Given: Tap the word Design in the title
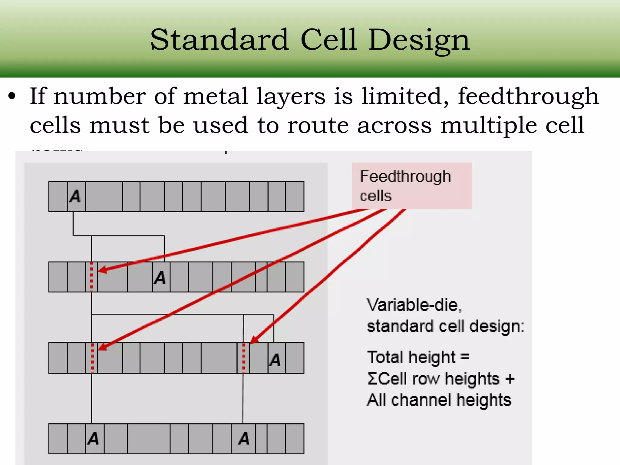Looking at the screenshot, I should (x=419, y=40).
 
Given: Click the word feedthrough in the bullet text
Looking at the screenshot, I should (x=528, y=96).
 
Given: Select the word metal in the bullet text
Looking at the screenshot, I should (x=216, y=96).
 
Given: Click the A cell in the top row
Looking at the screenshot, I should (x=76, y=196).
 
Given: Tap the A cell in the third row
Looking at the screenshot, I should (x=276, y=359).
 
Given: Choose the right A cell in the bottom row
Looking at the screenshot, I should (x=244, y=438).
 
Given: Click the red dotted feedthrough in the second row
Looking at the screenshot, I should (x=91, y=277).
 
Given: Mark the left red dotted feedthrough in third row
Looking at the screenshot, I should (x=92, y=358).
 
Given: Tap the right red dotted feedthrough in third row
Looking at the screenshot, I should (x=244, y=358).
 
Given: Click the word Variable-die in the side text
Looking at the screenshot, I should (x=414, y=305).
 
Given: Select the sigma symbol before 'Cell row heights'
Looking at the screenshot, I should (x=372, y=379).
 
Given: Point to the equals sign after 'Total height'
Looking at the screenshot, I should (x=465, y=357).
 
